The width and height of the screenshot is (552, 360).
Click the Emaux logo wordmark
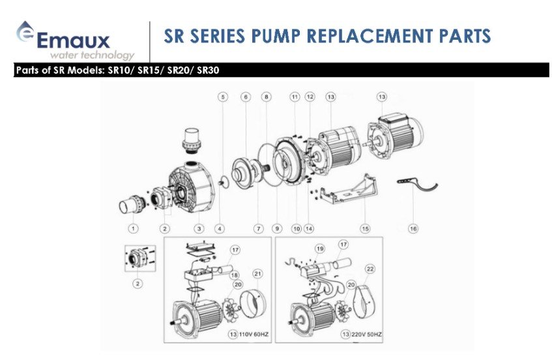(x=73, y=40)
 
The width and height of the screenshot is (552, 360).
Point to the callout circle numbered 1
(x=133, y=228)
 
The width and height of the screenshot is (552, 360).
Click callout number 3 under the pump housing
(x=199, y=228)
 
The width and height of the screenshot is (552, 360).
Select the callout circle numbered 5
(x=222, y=97)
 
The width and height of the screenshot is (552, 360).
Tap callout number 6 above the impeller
(x=246, y=97)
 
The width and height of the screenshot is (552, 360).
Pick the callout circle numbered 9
(x=277, y=228)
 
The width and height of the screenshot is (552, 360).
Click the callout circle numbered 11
(x=295, y=97)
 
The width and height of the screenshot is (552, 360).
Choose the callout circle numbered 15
(x=365, y=228)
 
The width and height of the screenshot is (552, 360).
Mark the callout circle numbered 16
(x=413, y=228)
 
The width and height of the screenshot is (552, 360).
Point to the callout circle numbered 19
(x=320, y=248)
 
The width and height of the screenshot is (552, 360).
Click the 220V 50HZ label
(x=364, y=335)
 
